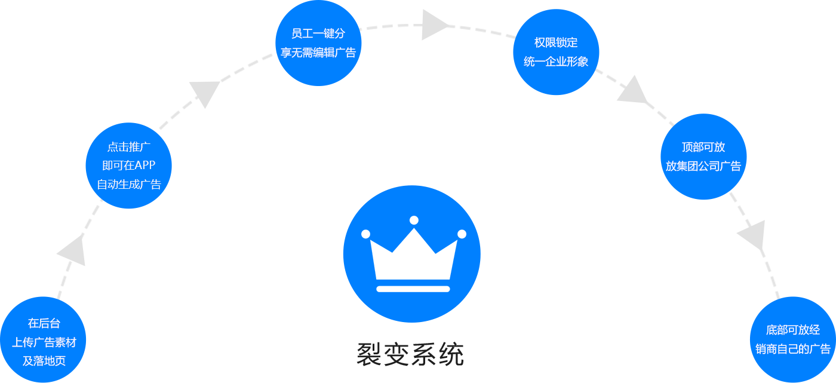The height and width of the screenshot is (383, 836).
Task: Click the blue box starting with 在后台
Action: pos(43,339)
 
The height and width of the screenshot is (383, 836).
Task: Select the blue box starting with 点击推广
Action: pos(128,166)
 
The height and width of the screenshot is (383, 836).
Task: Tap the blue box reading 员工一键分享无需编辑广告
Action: pos(318,44)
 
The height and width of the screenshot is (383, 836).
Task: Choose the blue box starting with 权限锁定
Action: pos(556,52)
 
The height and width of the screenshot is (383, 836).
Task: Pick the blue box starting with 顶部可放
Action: pos(703,157)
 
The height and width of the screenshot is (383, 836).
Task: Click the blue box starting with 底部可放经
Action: pos(792,339)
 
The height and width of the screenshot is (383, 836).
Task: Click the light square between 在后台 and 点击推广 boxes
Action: pos(70,250)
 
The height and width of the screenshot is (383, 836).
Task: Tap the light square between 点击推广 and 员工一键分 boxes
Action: pos(204,95)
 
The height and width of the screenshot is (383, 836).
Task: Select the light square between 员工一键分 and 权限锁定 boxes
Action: pos(435,24)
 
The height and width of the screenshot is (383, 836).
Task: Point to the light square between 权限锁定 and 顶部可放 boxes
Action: pos(632,88)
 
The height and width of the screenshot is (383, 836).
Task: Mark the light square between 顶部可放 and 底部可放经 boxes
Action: pos(751,235)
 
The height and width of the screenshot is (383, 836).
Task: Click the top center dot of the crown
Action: pos(414,220)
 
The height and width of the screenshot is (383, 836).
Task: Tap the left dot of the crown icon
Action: pos(366,234)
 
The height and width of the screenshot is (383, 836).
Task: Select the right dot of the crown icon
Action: pos(462,234)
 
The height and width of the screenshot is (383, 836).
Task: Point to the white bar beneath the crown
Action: pos(413,289)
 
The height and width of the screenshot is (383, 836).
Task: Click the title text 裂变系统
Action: pos(410,355)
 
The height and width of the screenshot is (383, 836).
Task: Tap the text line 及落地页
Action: pos(44,361)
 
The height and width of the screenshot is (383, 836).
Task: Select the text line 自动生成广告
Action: pos(129,185)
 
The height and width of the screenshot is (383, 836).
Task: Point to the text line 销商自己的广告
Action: pos(793,349)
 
